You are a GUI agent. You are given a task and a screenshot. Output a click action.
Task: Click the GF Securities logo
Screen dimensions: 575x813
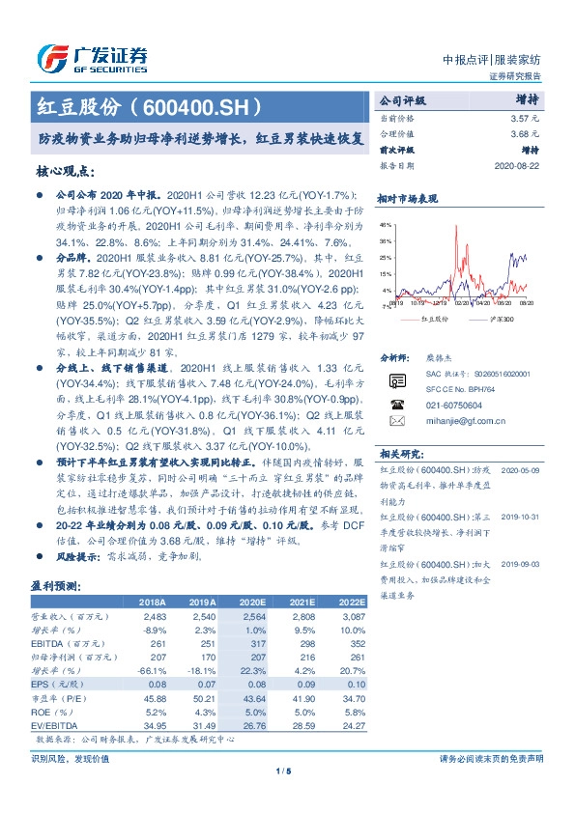(92, 57)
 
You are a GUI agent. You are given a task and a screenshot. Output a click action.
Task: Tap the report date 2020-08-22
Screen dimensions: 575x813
(518, 166)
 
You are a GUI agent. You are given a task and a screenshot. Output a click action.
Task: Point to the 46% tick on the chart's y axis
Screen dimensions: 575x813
(387, 223)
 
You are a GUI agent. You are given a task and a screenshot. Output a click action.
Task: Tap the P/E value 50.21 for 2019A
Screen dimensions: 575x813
(204, 695)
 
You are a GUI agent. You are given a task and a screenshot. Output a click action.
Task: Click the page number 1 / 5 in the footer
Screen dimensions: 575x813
(283, 771)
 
